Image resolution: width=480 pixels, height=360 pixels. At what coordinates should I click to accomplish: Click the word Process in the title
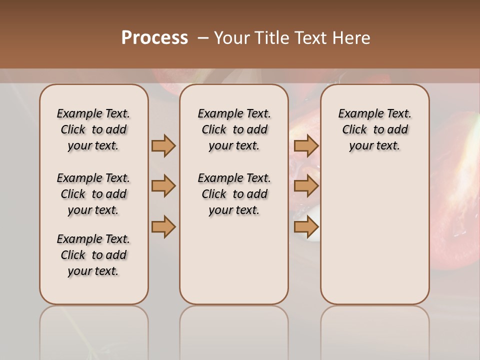tap(154, 38)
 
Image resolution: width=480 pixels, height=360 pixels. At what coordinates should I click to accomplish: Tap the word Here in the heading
tap(352, 38)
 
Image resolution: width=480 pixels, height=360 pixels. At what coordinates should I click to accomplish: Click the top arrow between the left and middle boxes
tap(163, 145)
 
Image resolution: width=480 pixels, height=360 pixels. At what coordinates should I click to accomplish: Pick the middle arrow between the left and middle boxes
tap(163, 186)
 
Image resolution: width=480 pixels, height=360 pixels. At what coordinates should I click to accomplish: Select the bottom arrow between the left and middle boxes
tap(163, 227)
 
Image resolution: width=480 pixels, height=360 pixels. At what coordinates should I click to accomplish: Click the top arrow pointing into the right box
tap(306, 145)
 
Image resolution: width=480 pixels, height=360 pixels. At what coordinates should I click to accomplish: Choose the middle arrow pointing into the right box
tap(306, 186)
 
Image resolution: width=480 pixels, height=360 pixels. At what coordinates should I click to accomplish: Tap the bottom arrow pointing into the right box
tap(306, 227)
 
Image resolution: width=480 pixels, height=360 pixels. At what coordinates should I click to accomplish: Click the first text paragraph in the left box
tap(93, 129)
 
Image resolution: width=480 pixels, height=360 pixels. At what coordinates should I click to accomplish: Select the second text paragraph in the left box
tap(93, 194)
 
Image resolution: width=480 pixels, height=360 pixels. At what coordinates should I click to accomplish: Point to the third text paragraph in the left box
tap(93, 255)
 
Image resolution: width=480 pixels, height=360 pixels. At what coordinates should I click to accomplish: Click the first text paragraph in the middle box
tap(234, 129)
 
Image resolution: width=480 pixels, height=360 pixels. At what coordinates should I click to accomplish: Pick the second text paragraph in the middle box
tap(234, 194)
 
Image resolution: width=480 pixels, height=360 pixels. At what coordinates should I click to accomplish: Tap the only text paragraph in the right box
tap(374, 129)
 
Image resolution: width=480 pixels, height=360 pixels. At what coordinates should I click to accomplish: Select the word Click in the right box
tap(354, 130)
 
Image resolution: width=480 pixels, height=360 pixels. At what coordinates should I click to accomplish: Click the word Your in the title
tap(231, 38)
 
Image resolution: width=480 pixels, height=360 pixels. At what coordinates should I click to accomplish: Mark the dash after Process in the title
tap(202, 38)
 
